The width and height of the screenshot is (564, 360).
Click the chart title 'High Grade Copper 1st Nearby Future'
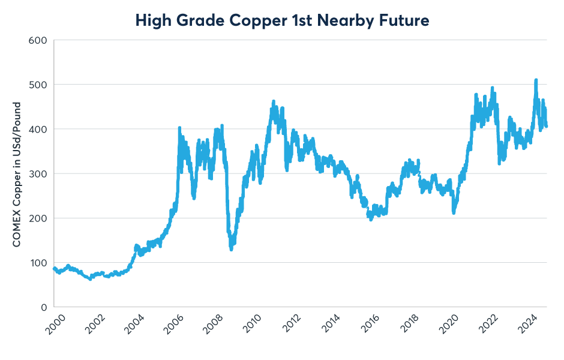tap(282, 20)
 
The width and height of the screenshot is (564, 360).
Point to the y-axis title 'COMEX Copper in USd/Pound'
tap(17, 174)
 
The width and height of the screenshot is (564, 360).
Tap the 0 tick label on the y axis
tap(44, 307)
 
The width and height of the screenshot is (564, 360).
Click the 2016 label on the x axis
tap(371, 327)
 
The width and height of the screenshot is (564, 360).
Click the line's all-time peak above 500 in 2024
tap(536, 80)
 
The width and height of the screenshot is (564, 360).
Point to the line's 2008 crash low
tap(231, 249)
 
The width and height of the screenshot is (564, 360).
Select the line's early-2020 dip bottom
tap(454, 212)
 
